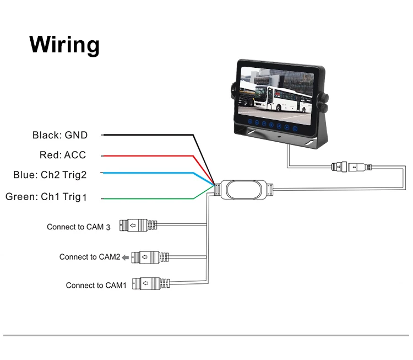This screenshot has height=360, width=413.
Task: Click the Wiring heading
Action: (x=64, y=45)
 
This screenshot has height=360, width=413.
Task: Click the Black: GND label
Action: (x=60, y=135)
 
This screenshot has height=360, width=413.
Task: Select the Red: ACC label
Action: (x=63, y=155)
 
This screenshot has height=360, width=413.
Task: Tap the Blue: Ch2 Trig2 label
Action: (x=50, y=175)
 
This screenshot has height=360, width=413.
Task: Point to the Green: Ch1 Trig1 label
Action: (x=46, y=197)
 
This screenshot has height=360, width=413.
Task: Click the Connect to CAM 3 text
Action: (x=79, y=227)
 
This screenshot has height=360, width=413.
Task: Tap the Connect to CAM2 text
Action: (x=90, y=257)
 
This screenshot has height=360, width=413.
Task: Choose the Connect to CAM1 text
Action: (x=96, y=286)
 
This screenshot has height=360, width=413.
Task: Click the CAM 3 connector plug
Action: (x=138, y=225)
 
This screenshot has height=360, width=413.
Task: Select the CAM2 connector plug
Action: (x=150, y=257)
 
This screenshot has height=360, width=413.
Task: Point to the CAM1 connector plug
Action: (x=151, y=283)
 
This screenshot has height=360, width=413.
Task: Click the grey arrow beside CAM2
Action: (x=126, y=257)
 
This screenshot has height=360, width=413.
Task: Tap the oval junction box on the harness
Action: (x=243, y=190)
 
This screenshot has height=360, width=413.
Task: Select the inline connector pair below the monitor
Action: (x=351, y=167)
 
